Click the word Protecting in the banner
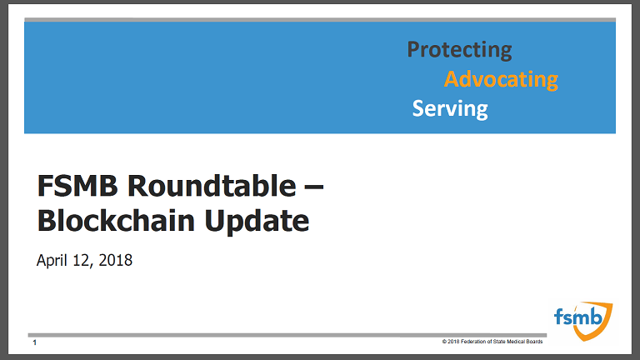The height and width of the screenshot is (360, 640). (459, 50)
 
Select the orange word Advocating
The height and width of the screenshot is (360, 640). (501, 79)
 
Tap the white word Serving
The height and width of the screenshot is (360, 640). (450, 109)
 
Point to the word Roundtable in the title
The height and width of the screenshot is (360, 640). (212, 186)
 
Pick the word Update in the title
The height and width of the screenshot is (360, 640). (257, 222)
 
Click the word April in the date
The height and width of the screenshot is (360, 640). (52, 260)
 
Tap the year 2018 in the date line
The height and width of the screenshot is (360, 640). (116, 260)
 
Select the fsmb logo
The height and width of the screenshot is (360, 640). (583, 321)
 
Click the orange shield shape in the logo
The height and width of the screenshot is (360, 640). (604, 327)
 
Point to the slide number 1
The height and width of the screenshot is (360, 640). (35, 342)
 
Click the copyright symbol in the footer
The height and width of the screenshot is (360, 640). (444, 342)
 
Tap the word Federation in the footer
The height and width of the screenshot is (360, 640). (473, 342)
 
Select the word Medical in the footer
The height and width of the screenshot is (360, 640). (517, 342)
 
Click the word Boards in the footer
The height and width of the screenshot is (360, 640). (535, 342)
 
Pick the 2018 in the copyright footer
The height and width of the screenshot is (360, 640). (453, 342)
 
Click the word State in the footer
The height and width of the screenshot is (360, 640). (499, 342)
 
